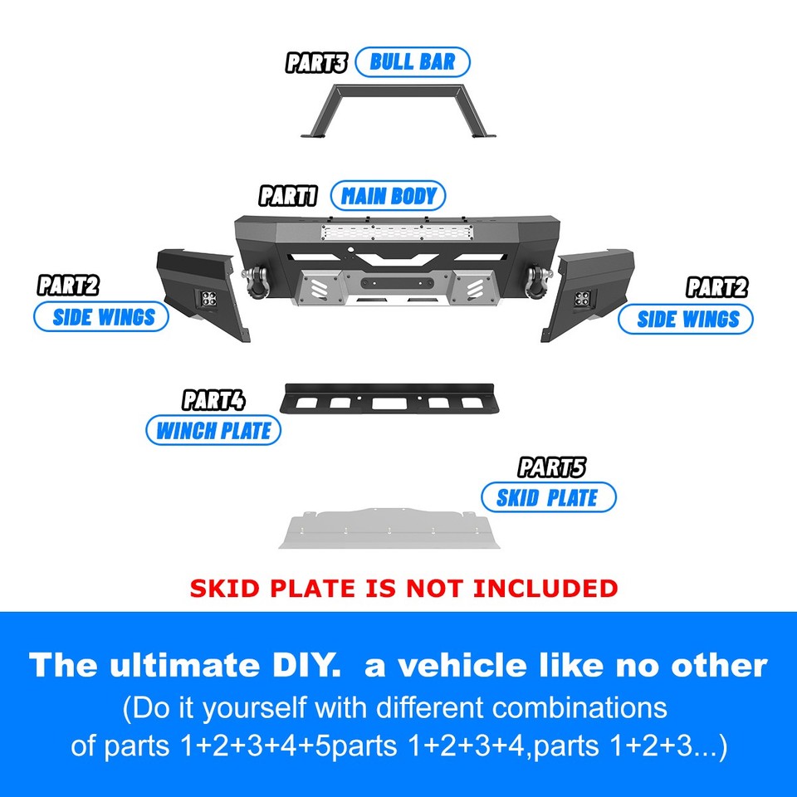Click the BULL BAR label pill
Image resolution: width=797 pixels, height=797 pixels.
[413, 62]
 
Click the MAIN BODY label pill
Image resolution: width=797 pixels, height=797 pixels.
[388, 197]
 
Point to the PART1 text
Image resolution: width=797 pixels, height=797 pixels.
[288, 197]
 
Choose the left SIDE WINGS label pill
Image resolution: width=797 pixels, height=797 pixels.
[101, 317]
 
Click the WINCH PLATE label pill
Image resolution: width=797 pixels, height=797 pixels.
[213, 431]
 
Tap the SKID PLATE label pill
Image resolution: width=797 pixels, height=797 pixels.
[548, 497]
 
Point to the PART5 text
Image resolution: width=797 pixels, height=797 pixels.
[552, 468]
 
